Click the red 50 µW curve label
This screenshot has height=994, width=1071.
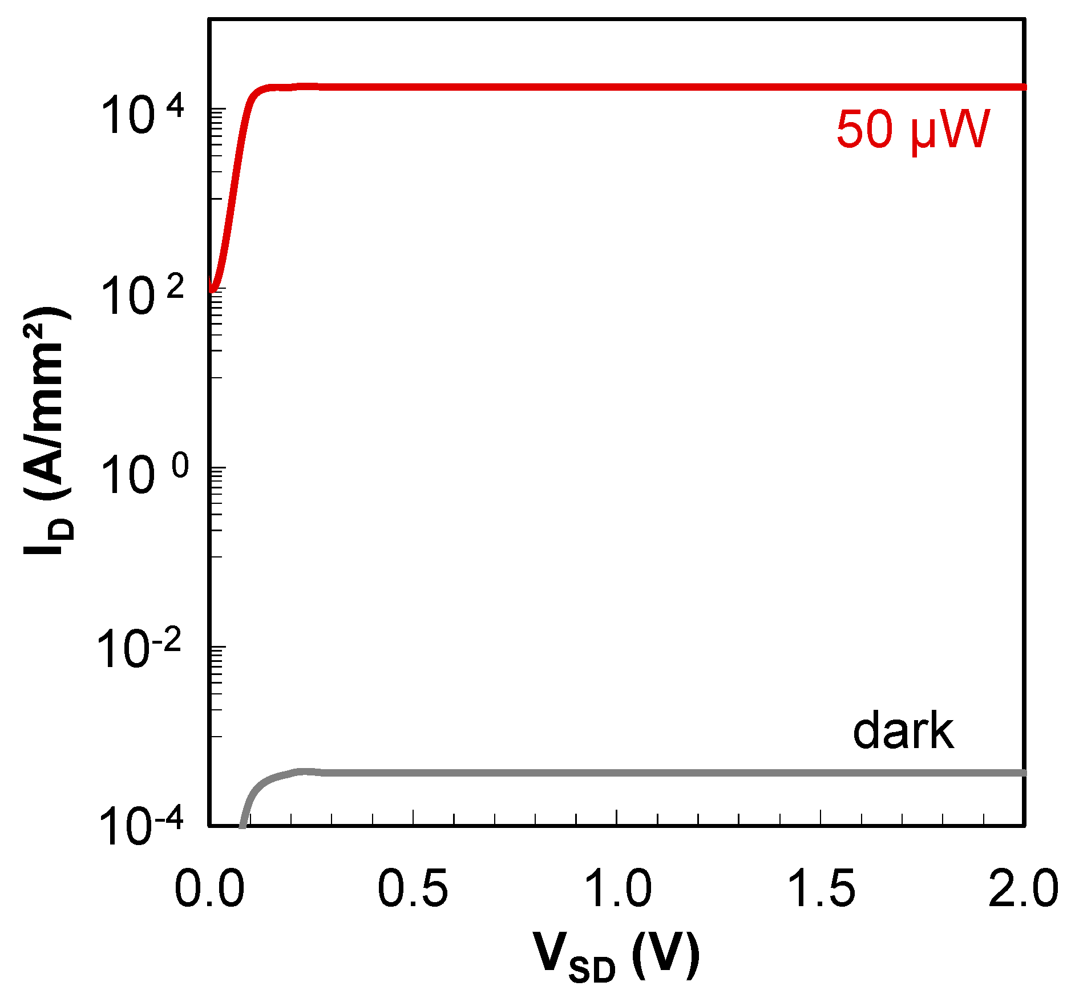913,130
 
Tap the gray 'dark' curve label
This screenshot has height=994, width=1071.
903,732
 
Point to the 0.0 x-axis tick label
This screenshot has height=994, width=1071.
209,889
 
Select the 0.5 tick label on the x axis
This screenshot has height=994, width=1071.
413,889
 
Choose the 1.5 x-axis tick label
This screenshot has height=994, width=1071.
821,889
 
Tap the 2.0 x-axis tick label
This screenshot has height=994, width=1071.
1024,889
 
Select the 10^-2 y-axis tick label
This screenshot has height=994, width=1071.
139,649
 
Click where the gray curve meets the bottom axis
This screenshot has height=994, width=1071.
242,824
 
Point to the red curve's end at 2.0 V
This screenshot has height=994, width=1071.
1024,87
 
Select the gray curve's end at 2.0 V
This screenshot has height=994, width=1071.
1024,773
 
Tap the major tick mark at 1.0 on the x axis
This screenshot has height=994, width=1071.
617,818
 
